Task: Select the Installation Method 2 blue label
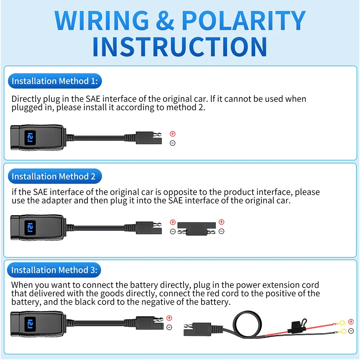coord(54,176)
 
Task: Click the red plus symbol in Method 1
coord(172,134)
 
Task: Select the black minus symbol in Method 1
coord(172,143)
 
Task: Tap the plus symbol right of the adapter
coord(221,222)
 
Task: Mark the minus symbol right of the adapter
coord(221,231)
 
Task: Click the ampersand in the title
coord(165,21)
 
